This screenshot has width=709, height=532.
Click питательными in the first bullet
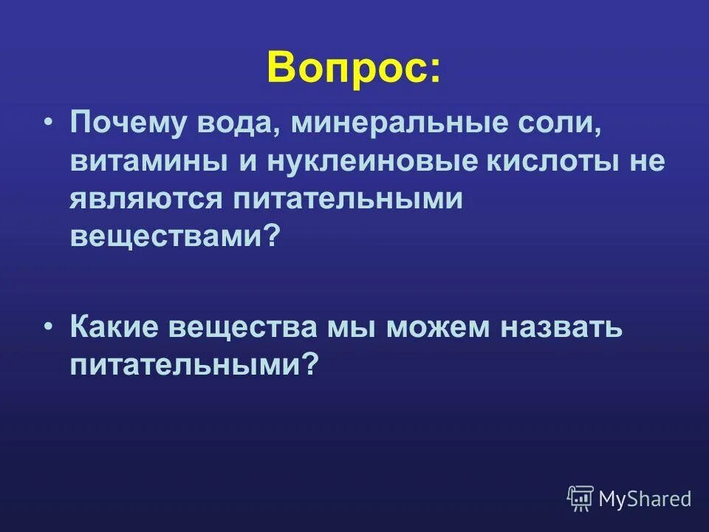click(349, 199)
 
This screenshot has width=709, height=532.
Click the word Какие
click(114, 326)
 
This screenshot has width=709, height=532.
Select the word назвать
click(561, 326)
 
